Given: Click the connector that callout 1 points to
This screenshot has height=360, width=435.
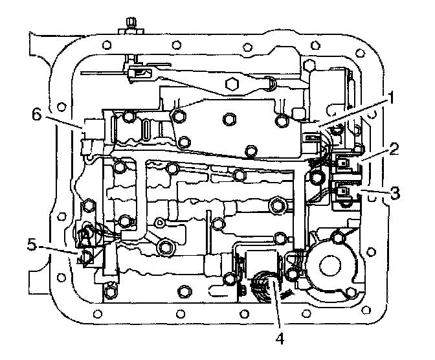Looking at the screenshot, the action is (x=311, y=138).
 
